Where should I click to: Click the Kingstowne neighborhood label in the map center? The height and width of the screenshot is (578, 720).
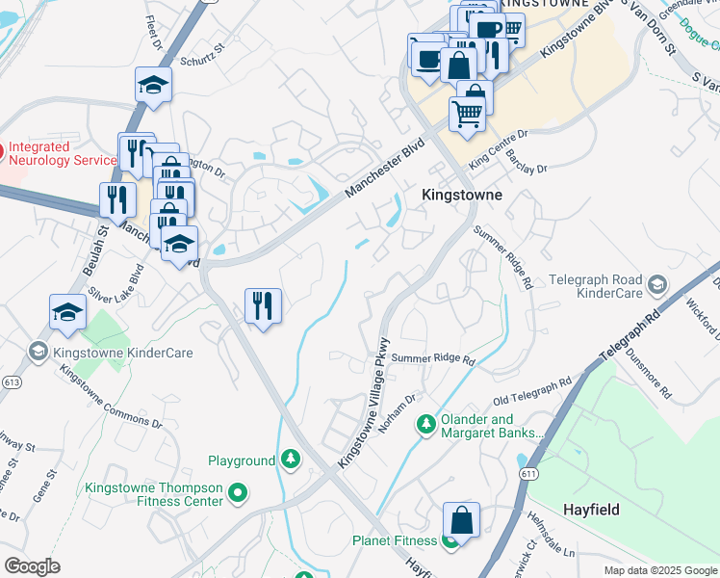click(x=462, y=195)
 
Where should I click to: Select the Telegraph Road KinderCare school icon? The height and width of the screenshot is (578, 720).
click(x=656, y=283)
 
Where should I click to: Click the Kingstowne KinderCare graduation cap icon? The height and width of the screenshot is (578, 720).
click(x=39, y=353)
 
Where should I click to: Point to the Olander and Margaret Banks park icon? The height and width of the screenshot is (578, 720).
click(x=425, y=424)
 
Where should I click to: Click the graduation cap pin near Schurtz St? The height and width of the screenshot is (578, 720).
click(x=153, y=86)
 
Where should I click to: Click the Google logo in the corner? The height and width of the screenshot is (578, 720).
click(x=32, y=566)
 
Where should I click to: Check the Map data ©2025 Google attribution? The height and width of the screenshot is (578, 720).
click(x=659, y=570)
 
